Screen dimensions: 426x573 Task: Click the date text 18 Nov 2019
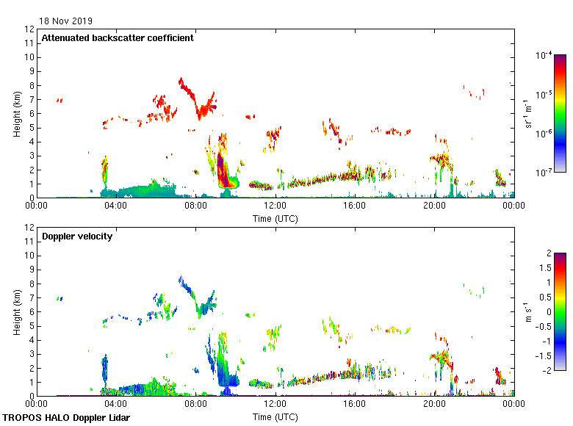tap(66, 21)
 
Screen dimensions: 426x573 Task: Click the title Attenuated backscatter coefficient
tap(118, 37)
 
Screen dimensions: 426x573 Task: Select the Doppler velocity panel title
tap(72, 236)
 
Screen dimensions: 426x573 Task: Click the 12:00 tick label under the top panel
tap(275, 206)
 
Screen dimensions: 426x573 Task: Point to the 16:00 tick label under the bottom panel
tap(355, 404)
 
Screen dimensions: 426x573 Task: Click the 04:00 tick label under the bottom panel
tap(116, 404)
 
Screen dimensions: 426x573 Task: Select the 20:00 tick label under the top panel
tap(434, 206)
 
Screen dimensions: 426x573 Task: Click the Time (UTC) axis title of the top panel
tap(275, 218)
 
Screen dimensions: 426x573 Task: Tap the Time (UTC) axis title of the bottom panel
tap(275, 416)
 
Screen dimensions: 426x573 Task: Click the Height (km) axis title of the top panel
tap(16, 114)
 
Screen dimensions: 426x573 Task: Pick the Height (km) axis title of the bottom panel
tap(16, 312)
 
